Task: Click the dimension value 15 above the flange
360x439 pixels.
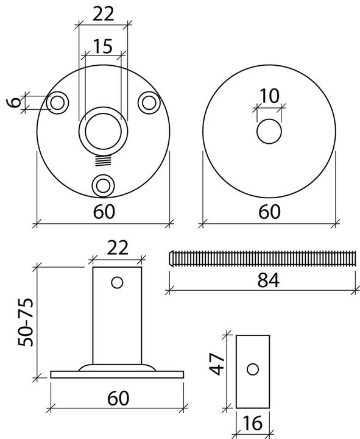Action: point(103,46)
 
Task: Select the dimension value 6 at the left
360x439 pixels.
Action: point(13,103)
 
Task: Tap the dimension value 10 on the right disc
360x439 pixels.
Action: point(269,96)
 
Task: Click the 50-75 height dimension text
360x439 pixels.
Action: point(24,323)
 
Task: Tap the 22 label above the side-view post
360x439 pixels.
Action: point(118,248)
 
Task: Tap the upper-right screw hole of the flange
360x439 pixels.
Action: point(148,102)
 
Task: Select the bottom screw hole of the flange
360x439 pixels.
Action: point(103,184)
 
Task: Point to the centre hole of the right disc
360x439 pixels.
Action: point(269,131)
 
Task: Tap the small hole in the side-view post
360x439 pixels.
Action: point(118,283)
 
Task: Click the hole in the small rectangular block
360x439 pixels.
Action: point(252,369)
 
